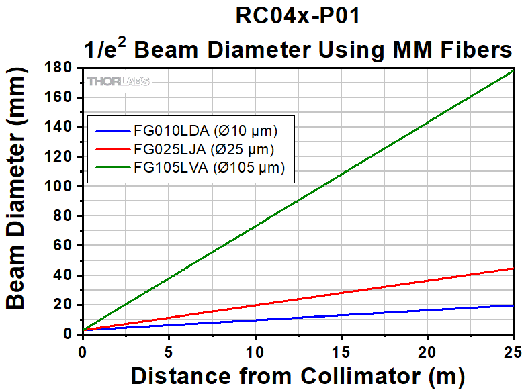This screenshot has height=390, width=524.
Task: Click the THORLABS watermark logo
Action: click(x=118, y=81)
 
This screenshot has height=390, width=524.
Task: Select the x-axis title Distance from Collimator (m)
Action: click(x=298, y=376)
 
